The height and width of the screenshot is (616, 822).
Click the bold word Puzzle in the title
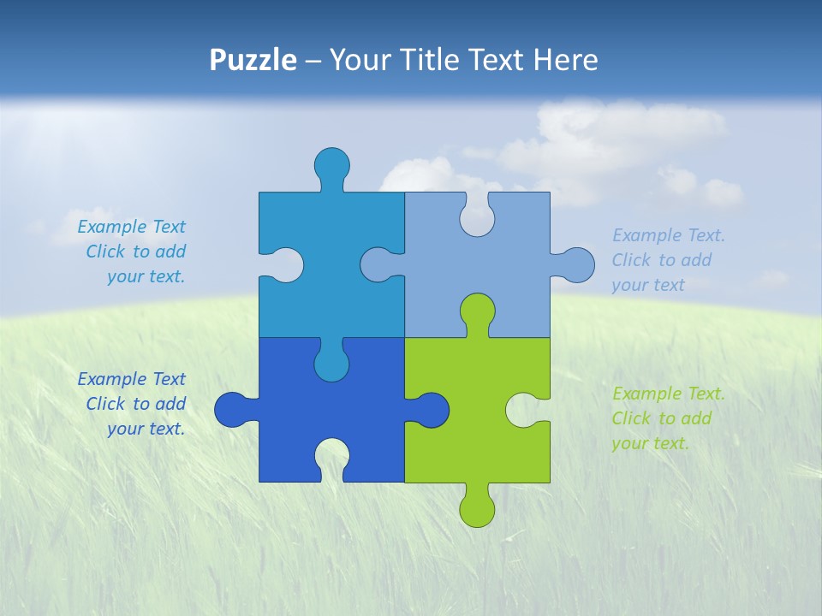click(x=253, y=60)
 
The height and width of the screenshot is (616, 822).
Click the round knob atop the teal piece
click(x=332, y=164)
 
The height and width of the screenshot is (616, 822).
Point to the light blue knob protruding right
click(x=577, y=265)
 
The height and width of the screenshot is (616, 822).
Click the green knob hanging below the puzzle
click(x=477, y=508)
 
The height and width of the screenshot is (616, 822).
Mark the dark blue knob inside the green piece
click(x=432, y=409)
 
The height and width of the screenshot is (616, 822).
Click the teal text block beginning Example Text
click(x=133, y=252)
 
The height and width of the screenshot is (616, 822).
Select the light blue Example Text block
click(x=668, y=260)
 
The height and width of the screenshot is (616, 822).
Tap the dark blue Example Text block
click(x=133, y=404)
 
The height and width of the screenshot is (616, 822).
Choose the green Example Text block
click(x=668, y=418)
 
